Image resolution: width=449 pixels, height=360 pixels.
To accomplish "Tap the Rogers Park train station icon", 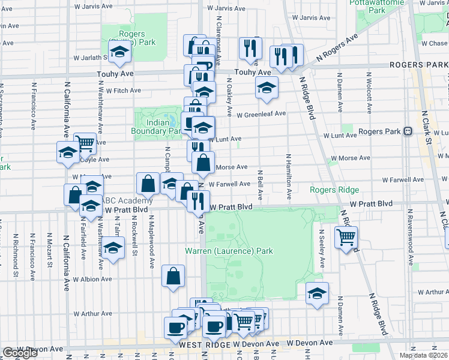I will coord(408,131).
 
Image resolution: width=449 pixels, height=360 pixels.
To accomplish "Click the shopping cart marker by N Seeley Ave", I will coord(346,238).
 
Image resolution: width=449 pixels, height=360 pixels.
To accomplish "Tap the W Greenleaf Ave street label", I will coord(261,115).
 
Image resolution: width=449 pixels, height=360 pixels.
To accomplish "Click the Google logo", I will coord(20,353).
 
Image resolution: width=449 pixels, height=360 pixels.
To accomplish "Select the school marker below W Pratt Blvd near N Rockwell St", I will coord(112,248).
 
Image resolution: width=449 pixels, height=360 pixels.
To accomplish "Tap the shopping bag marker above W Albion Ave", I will coord(173,277).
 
